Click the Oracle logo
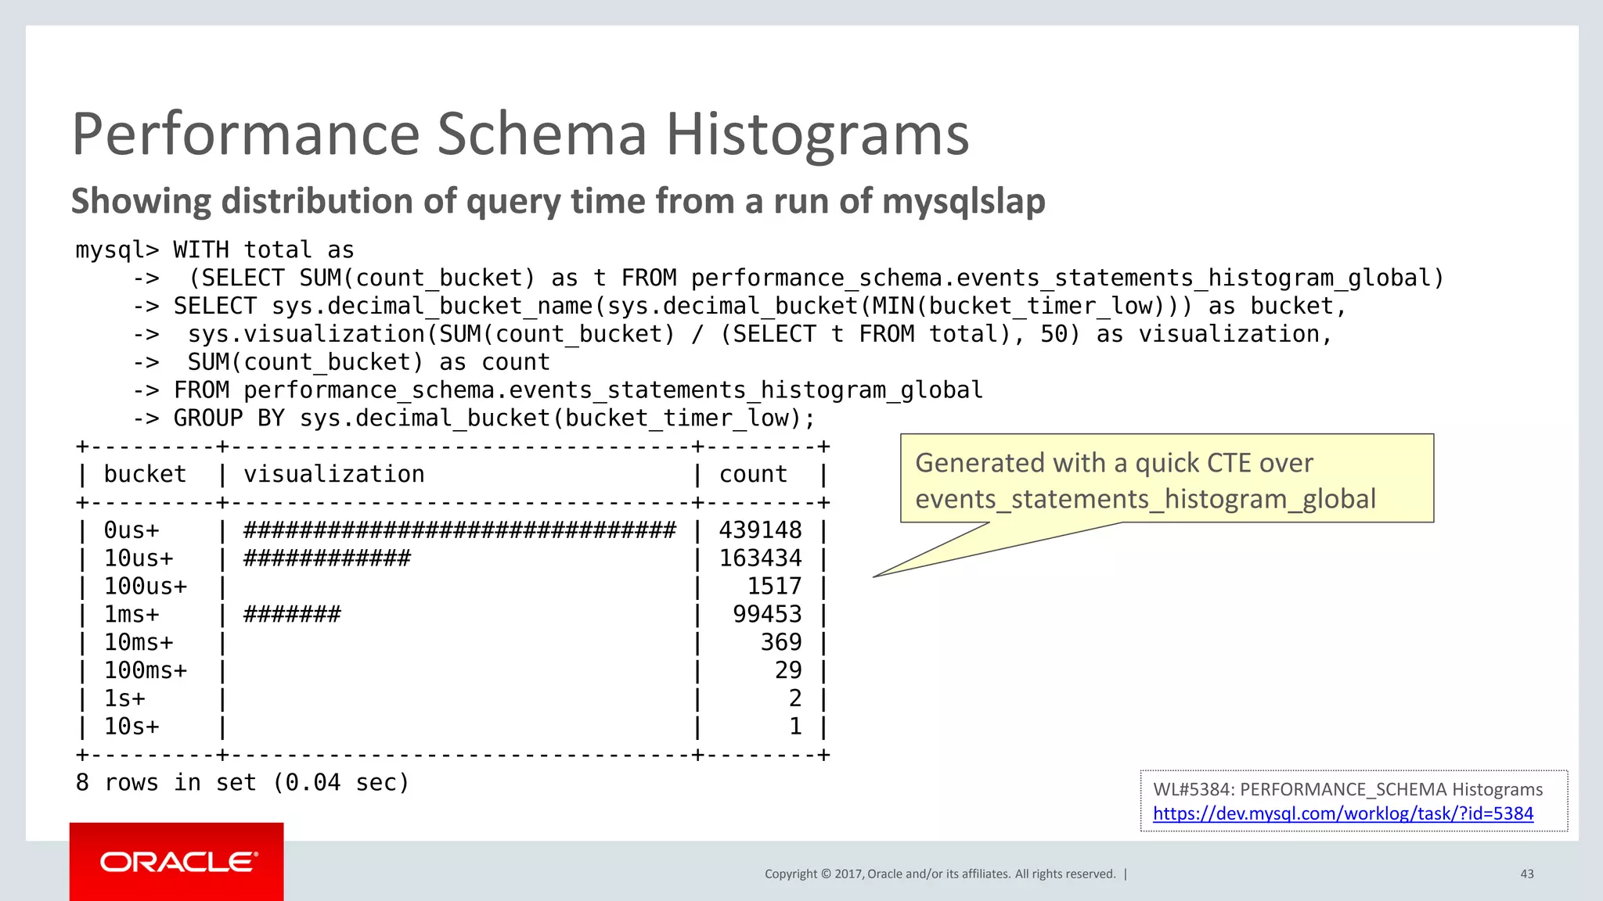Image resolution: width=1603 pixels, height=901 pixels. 177,862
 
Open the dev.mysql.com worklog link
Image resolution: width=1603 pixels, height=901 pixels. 1342,813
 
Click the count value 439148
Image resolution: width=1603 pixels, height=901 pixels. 760,530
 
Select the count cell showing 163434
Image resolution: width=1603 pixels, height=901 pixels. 760,558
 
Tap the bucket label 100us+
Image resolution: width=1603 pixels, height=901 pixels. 146,587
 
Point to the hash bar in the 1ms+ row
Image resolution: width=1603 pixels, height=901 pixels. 292,614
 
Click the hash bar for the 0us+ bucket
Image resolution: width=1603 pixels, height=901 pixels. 459,530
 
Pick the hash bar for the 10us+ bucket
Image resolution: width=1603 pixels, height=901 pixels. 327,558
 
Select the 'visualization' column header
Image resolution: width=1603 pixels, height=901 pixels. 334,474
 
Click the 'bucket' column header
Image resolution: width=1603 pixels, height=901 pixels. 145,474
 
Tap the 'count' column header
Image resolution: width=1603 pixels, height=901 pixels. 753,474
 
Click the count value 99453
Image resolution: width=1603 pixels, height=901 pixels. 767,614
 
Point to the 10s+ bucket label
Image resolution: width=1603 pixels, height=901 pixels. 131,727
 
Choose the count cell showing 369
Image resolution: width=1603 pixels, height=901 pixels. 781,642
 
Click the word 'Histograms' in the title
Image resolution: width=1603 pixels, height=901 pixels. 817,135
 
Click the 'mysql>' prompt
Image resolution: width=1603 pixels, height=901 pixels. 117,250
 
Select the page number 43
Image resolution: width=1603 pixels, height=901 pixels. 1526,874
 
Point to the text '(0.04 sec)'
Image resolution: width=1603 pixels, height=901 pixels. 340,783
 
